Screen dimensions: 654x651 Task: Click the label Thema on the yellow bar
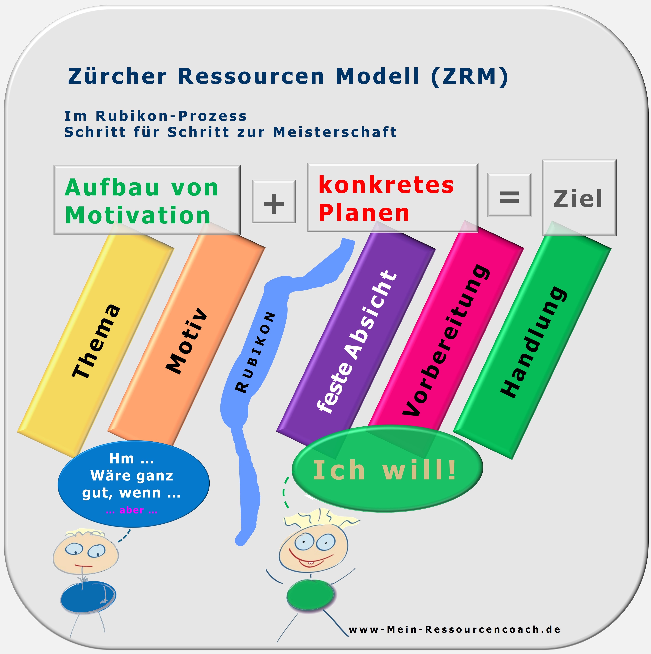point(96,341)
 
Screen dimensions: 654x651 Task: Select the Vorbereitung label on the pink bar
point(446,340)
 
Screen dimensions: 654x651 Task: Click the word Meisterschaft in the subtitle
point(335,132)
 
